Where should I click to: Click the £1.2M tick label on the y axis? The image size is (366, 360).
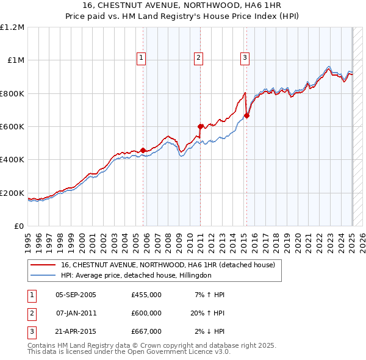[x=12, y=27]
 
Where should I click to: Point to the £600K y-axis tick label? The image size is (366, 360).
[x=12, y=127]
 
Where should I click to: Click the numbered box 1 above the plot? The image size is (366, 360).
[x=141, y=58]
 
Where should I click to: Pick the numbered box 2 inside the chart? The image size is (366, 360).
[x=198, y=58]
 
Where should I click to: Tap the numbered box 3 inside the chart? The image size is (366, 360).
[x=245, y=58]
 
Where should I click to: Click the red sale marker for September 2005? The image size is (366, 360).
[x=143, y=150]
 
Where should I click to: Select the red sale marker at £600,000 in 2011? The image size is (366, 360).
[x=200, y=126]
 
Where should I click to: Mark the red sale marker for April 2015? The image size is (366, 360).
[x=246, y=115]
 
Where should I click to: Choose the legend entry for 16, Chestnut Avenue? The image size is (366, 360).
[x=168, y=265]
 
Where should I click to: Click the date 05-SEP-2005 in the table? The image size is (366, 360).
[x=76, y=295]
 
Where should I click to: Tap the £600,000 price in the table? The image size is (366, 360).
[x=146, y=313]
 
